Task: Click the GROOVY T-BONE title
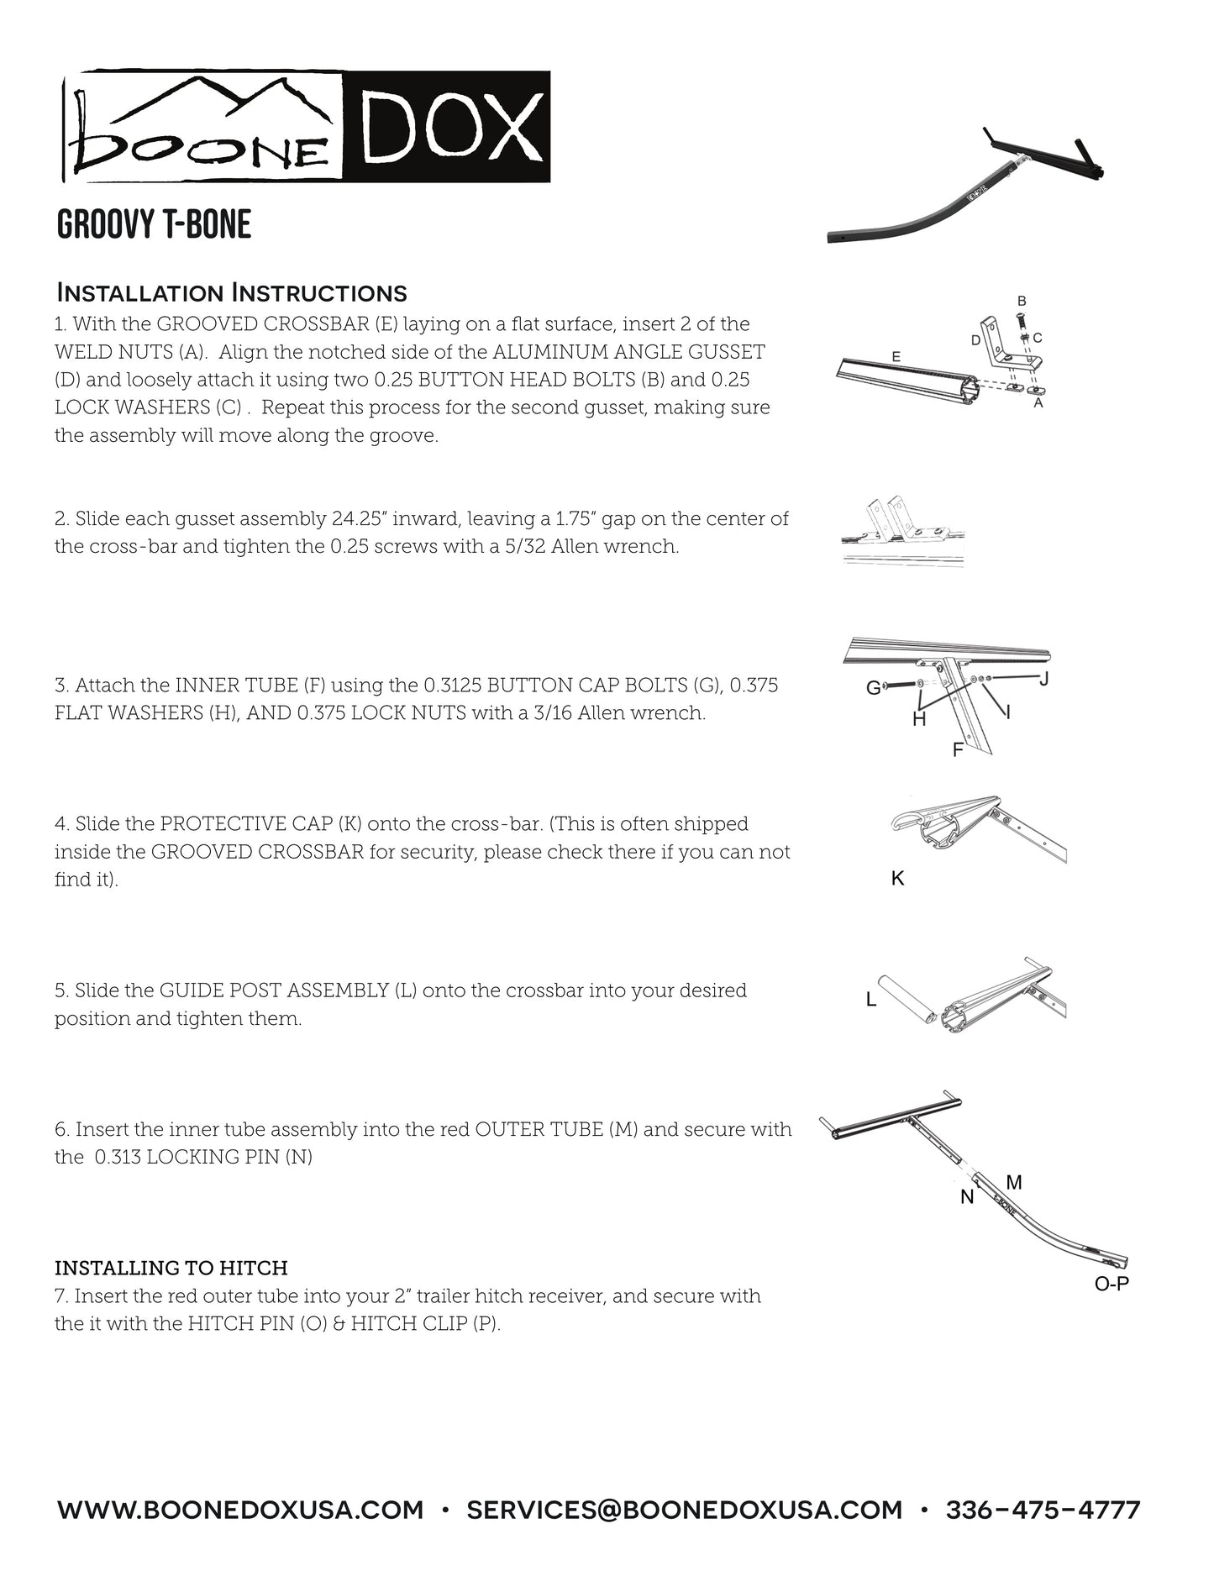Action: (x=154, y=225)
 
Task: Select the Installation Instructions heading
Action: (x=231, y=293)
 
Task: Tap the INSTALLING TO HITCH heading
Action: (x=171, y=1268)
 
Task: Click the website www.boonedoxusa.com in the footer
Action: (x=239, y=1511)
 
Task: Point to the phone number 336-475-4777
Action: (x=1043, y=1511)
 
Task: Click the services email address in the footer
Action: (x=684, y=1511)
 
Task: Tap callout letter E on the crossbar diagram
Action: (x=896, y=357)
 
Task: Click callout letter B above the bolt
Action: (x=1022, y=301)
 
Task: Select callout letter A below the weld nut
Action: (x=1038, y=403)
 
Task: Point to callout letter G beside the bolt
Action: (x=873, y=688)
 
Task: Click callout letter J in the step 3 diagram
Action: (x=1043, y=679)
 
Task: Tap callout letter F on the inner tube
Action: (x=957, y=750)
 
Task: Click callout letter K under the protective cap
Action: (x=897, y=879)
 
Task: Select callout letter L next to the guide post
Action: (x=871, y=1000)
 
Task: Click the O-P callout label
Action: (x=1111, y=1285)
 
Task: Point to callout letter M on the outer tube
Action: (x=1014, y=1183)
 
